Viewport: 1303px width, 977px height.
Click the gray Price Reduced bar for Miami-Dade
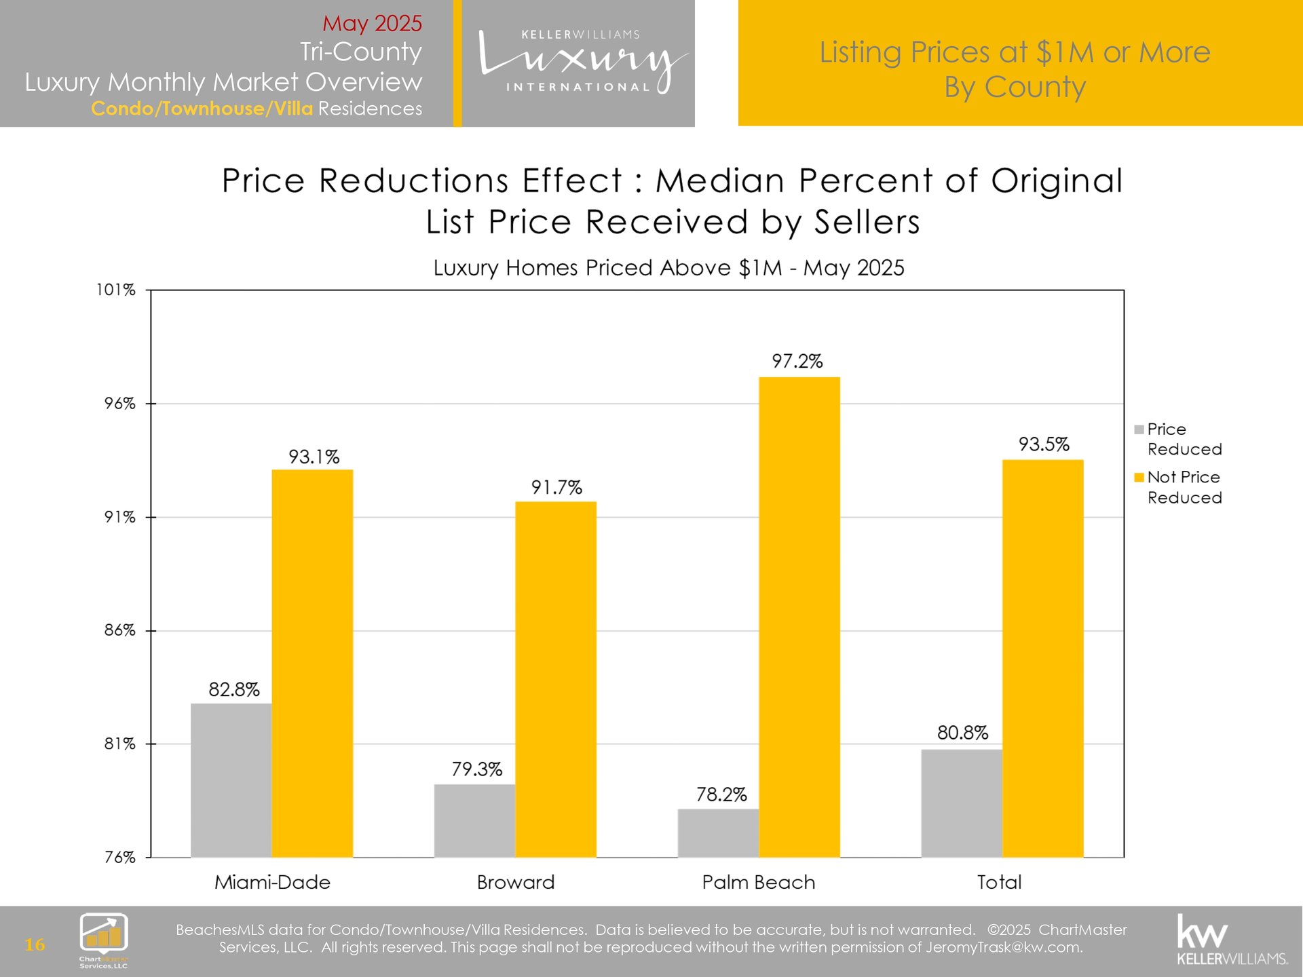231,780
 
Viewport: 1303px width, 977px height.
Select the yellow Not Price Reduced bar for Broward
556,678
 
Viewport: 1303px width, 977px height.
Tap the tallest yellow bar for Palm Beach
799,617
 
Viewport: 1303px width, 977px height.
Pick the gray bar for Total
962,803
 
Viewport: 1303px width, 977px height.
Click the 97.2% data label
797,361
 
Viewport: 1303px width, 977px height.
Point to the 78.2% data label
721,794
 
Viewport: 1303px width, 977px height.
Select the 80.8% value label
962,733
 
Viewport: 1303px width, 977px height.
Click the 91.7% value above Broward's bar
556,487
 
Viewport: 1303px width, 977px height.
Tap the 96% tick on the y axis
120,404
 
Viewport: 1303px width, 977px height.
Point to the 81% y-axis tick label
120,744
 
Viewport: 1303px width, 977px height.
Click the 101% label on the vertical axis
116,290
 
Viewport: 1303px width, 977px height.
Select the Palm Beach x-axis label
758,882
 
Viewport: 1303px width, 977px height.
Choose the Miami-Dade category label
272,882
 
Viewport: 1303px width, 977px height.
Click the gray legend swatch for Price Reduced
1139,429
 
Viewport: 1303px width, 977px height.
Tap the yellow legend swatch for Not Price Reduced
1139,478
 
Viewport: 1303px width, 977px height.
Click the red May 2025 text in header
372,23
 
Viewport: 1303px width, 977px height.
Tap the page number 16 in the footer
35,944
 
